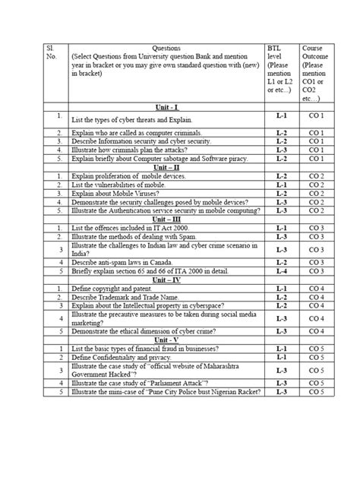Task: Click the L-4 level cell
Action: pyautogui.click(x=279, y=270)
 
